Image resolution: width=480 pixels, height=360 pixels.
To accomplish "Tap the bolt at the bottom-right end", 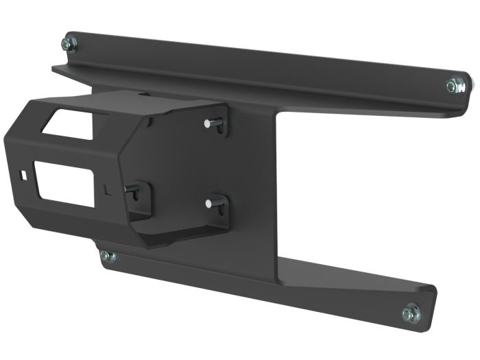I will click(x=409, y=313).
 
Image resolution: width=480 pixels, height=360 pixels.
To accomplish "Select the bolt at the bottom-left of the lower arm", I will click(x=106, y=256).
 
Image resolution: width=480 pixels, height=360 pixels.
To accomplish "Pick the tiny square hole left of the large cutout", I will click(x=25, y=175).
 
